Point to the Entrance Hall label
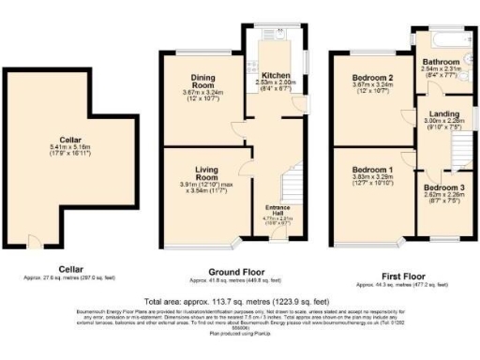point(277,208)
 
